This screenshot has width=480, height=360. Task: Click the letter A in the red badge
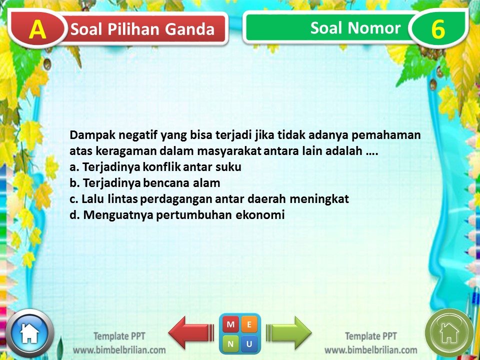point(37,29)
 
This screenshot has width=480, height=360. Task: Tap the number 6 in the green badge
point(437,29)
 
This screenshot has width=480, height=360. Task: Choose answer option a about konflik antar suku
point(158,167)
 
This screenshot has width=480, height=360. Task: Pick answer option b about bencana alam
point(144,183)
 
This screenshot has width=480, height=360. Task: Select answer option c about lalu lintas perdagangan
point(209,199)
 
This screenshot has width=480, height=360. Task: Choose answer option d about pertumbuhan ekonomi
point(177,215)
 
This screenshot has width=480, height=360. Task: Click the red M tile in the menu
point(230,324)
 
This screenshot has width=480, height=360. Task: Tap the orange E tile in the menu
point(249,324)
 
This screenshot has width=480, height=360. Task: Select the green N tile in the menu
point(230,343)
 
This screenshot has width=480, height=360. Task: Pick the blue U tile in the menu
point(249,343)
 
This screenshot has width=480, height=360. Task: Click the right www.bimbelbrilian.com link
point(370,350)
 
